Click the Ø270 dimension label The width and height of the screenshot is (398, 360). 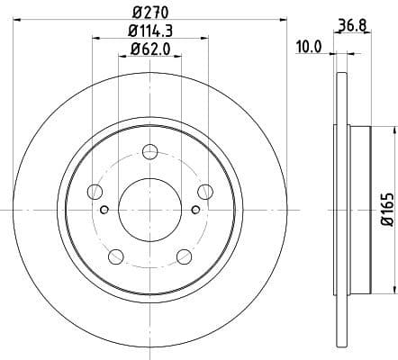[x=150, y=13]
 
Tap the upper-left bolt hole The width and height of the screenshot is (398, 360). [x=94, y=190]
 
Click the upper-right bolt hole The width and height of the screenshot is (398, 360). [x=205, y=190]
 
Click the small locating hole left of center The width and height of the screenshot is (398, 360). [x=104, y=211]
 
